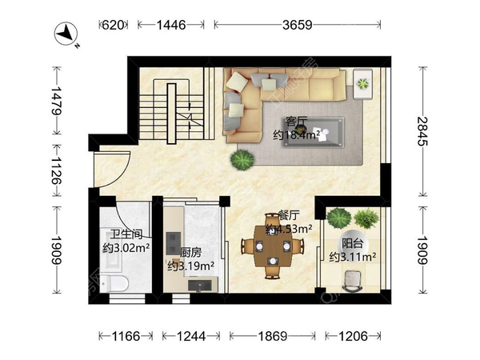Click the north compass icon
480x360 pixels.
click(x=66, y=34)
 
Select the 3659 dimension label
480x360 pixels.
click(x=298, y=25)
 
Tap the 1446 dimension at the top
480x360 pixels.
click(x=171, y=25)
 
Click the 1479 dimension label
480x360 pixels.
click(x=56, y=101)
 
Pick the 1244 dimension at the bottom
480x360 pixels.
click(x=191, y=337)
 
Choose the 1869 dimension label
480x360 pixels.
click(x=273, y=337)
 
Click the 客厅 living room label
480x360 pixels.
click(x=296, y=122)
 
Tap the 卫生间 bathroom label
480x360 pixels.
click(x=126, y=234)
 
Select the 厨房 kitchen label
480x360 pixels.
click(x=190, y=253)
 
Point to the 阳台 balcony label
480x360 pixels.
click(x=352, y=244)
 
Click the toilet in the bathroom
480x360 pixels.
click(x=114, y=283)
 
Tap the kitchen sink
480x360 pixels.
click(x=199, y=286)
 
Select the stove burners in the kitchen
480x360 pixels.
click(x=173, y=243)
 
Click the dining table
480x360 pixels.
click(x=273, y=246)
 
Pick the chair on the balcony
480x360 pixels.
click(x=352, y=281)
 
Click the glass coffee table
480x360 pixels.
click(x=313, y=132)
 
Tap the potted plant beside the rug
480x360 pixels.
click(x=242, y=160)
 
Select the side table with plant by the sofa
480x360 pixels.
click(x=362, y=84)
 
